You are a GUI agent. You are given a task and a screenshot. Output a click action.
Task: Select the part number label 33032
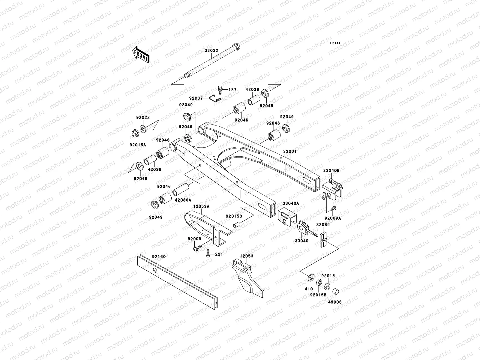(x=211, y=51)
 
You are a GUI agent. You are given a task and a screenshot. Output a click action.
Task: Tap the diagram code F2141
(x=336, y=43)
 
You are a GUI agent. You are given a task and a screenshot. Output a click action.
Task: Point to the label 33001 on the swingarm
(x=289, y=151)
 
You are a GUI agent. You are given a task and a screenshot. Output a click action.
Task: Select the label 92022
(x=143, y=118)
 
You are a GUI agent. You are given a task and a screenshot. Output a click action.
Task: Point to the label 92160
(x=159, y=257)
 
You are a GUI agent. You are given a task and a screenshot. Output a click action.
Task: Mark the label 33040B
(x=331, y=170)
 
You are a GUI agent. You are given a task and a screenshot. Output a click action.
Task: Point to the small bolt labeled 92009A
(x=334, y=208)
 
